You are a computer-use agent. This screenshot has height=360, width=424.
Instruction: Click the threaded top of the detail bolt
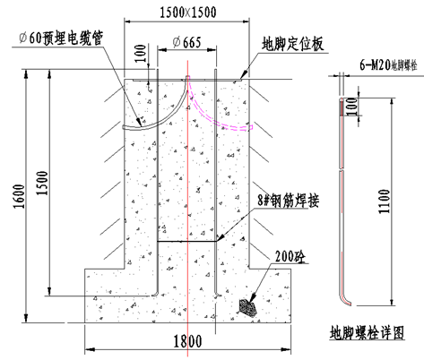point(341,107)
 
